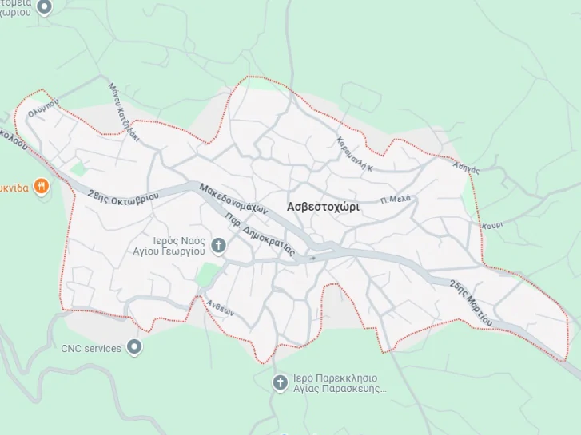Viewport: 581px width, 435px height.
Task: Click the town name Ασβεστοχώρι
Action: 323,206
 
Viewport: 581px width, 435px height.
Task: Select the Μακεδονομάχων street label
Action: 233,200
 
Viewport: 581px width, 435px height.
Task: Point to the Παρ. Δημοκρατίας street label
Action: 261,235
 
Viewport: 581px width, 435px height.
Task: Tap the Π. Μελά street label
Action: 396,199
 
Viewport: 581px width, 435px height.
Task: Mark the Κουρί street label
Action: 492,226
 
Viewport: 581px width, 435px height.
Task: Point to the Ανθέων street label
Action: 220,307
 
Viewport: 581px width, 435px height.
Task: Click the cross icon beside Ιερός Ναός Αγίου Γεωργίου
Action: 219,244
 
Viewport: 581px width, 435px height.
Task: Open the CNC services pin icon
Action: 135,347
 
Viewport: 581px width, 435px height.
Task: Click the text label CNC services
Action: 91,348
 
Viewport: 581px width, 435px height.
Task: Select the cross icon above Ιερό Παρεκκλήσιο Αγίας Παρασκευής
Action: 280,383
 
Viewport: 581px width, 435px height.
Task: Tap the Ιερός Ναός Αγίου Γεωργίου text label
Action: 169,245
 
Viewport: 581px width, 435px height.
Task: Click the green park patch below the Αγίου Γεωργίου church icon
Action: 208,275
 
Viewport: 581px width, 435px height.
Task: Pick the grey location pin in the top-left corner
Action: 45,7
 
